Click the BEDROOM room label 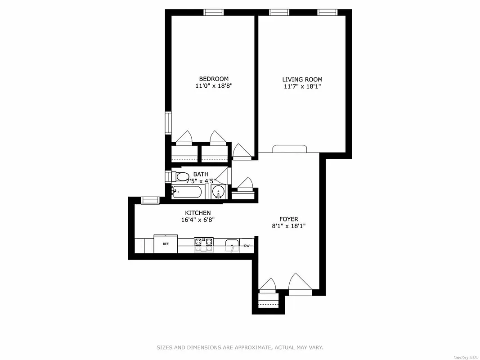[214, 79]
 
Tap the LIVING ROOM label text [302, 80]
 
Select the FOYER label [289, 219]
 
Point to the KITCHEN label [197, 213]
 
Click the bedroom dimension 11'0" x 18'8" [214, 86]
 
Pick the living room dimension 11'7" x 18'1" [302, 87]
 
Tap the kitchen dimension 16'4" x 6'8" [197, 220]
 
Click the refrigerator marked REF [166, 244]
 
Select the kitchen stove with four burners [203, 244]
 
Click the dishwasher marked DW [247, 246]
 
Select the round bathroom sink [219, 192]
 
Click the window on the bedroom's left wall [168, 123]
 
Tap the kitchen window [150, 200]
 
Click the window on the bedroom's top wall [214, 12]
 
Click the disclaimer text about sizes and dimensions [240, 347]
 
